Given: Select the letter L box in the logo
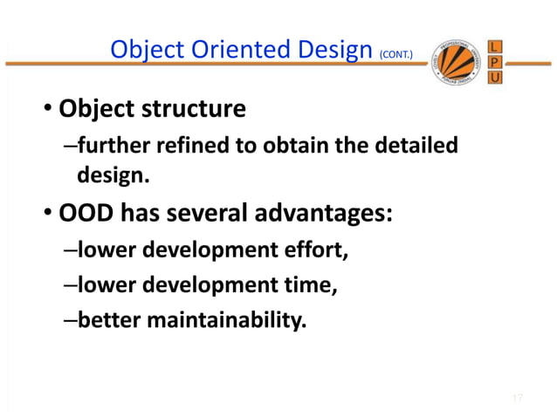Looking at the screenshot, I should point(495,45).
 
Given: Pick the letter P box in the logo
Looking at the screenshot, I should point(495,62).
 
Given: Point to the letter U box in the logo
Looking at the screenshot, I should point(495,79).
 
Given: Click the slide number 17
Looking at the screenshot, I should point(517,399).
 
